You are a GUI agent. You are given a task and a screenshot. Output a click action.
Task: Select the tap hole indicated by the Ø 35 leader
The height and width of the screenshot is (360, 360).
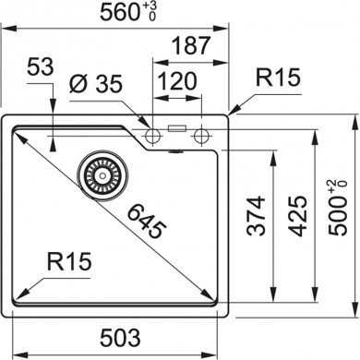click(154, 137)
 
